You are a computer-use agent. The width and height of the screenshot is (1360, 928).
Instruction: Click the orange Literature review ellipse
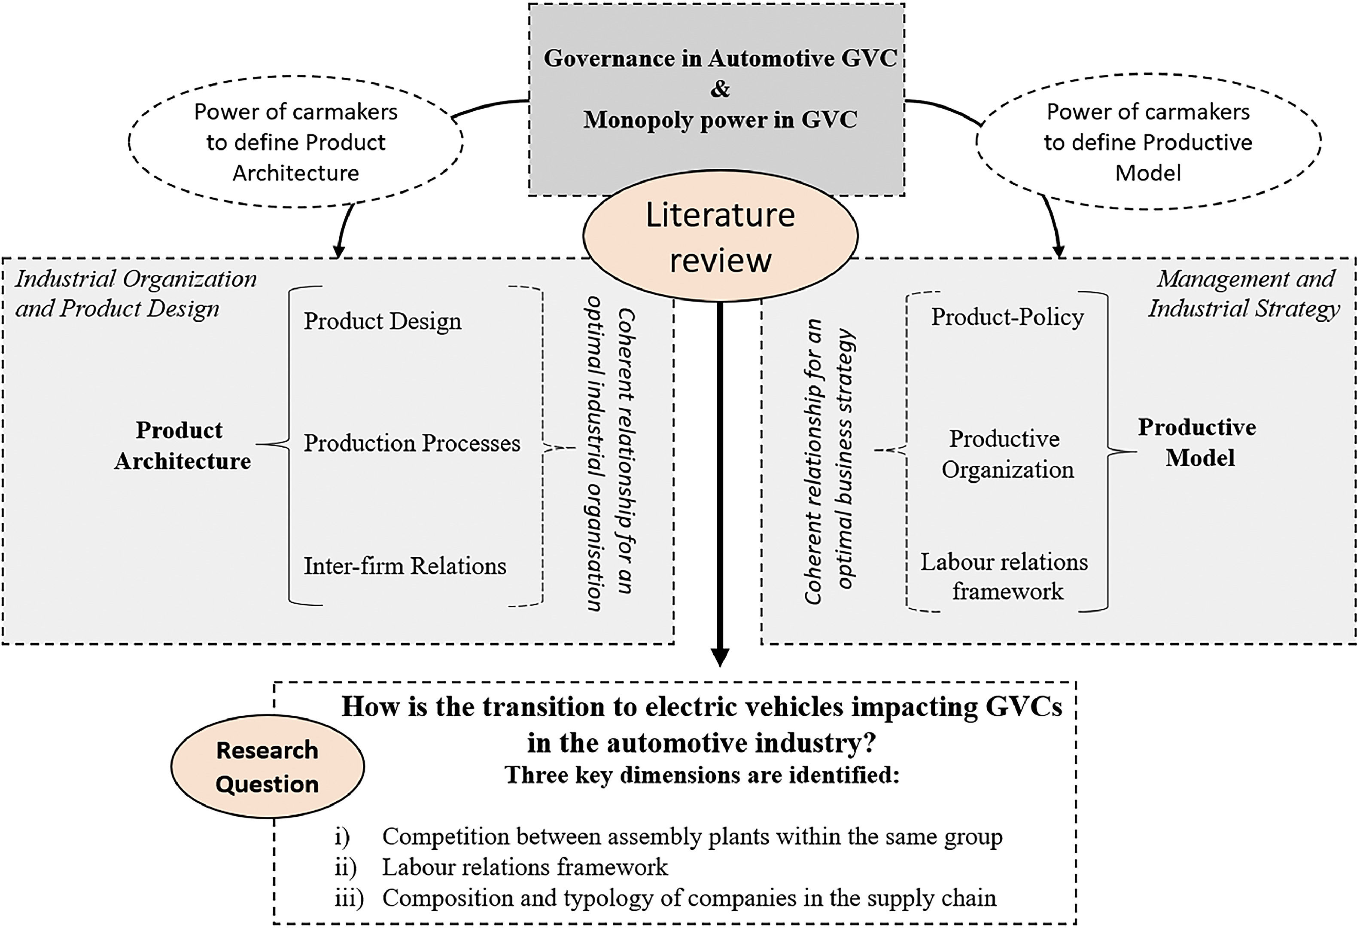pos(721,235)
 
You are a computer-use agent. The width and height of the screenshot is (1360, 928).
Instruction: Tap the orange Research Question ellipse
pos(268,766)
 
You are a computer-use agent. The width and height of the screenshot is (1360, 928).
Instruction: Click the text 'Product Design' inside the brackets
pos(383,321)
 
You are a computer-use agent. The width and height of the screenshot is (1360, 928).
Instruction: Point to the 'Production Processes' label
pos(412,443)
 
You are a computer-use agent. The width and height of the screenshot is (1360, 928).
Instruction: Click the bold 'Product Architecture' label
pos(183,446)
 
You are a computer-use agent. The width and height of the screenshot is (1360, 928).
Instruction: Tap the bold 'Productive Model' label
pos(1197,443)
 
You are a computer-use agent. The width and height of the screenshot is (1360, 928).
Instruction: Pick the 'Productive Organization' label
pos(1007,454)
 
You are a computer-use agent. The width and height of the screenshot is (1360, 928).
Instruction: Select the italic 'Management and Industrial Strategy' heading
pos(1244,293)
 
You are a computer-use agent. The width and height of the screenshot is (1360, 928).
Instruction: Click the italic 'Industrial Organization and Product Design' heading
pos(136,293)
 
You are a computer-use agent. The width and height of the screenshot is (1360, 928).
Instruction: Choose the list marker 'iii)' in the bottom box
pos(350,897)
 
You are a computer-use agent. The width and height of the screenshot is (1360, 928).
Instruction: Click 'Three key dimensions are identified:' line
pos(702,775)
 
